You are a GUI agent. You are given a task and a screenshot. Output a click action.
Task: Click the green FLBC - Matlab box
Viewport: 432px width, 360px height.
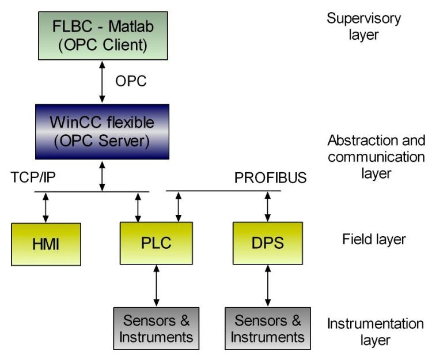[x=103, y=35]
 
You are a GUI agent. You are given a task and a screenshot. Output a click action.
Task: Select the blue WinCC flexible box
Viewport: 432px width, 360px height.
[x=103, y=132]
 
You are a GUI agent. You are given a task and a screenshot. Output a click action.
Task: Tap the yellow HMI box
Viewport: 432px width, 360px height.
[x=46, y=242]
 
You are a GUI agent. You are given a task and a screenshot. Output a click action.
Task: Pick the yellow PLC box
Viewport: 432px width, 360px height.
[x=156, y=242]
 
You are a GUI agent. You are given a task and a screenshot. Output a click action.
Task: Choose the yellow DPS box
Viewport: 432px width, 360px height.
[x=267, y=242]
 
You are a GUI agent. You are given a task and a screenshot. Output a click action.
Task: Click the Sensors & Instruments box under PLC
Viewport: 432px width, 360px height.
[x=156, y=328]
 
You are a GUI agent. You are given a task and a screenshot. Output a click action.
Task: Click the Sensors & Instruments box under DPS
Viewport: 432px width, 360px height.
[x=267, y=328]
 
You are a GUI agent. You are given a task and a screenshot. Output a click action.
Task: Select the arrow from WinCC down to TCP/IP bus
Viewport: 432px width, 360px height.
[x=103, y=176]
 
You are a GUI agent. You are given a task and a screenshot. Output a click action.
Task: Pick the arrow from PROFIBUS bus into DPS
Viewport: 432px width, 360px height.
[x=267, y=207]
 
